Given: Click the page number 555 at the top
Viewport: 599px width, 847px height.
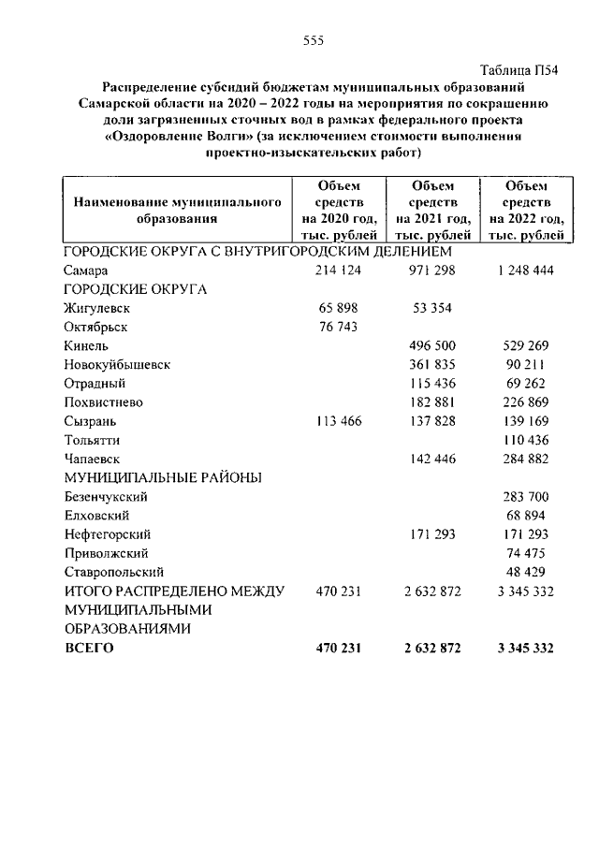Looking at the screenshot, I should [x=313, y=39].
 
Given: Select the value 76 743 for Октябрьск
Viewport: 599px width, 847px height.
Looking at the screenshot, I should [x=339, y=327].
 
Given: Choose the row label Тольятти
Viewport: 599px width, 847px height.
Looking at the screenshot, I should [x=93, y=440].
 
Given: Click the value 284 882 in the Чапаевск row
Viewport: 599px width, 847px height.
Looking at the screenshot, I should [x=525, y=459].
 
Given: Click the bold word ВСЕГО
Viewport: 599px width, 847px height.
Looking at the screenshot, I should [x=88, y=648].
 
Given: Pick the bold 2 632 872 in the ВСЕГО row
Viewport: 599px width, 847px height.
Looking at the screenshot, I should [x=426, y=648].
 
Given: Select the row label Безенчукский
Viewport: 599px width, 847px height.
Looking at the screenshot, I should [x=107, y=497].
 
